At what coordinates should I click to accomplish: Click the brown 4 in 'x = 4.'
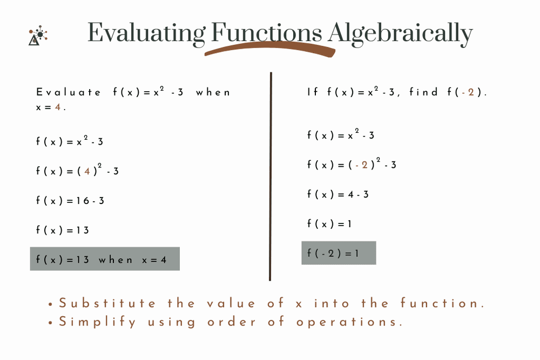point(57,107)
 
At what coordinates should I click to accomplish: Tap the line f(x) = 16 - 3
point(70,201)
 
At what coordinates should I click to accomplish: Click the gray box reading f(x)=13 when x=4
point(104,259)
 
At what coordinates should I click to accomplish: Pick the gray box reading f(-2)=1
point(339,253)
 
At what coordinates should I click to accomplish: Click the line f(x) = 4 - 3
point(338,194)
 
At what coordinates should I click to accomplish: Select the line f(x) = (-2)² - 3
point(352,165)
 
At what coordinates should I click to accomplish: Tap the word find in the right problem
point(423,92)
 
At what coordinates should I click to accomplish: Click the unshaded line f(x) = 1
point(329,223)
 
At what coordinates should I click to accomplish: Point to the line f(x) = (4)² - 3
point(77,171)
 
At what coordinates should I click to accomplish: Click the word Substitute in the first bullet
point(107,303)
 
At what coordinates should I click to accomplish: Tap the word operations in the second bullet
point(349,322)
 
